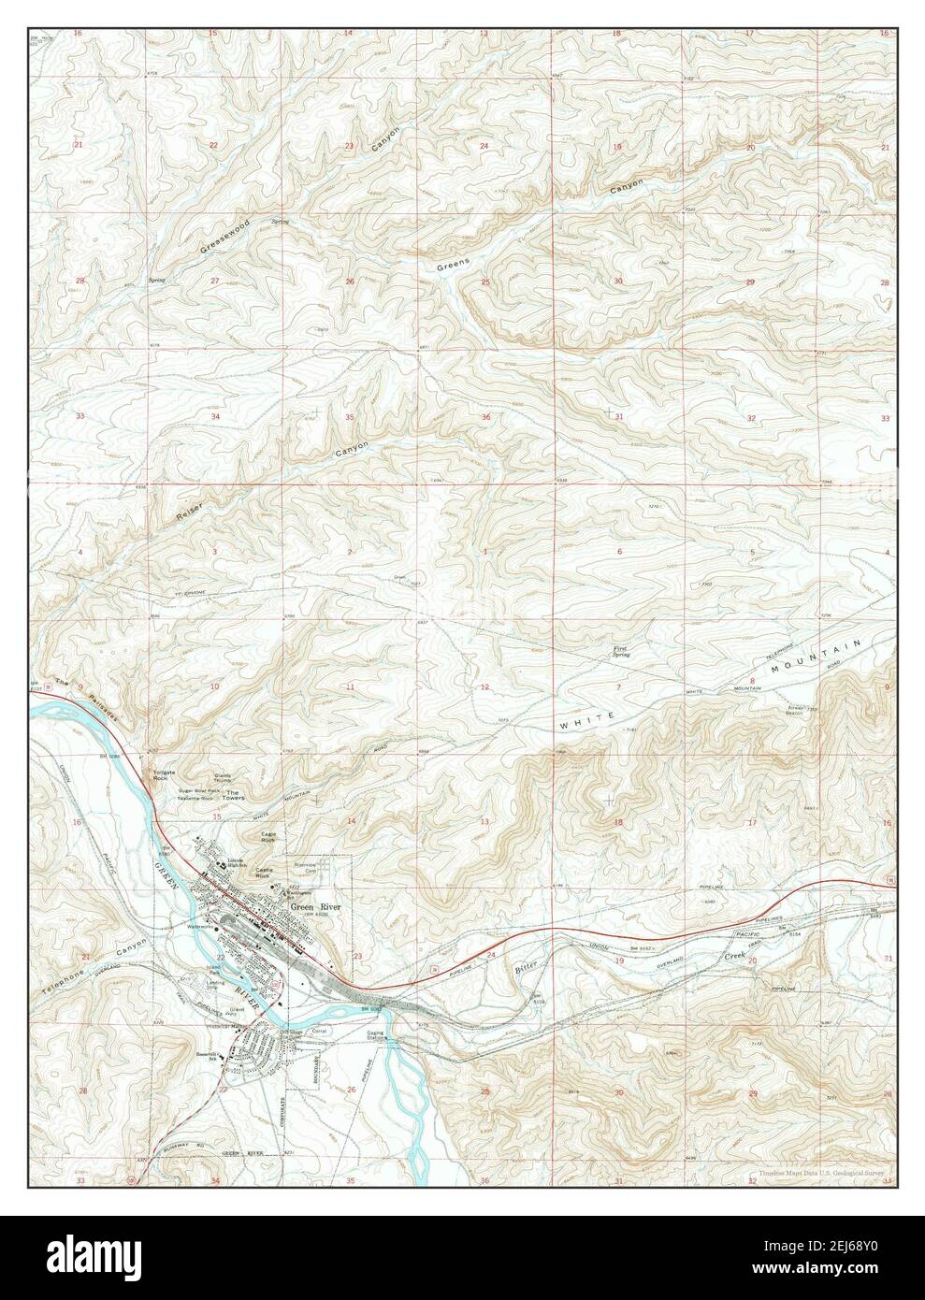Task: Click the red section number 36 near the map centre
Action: click(x=485, y=417)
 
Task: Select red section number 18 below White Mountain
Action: click(x=618, y=822)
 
